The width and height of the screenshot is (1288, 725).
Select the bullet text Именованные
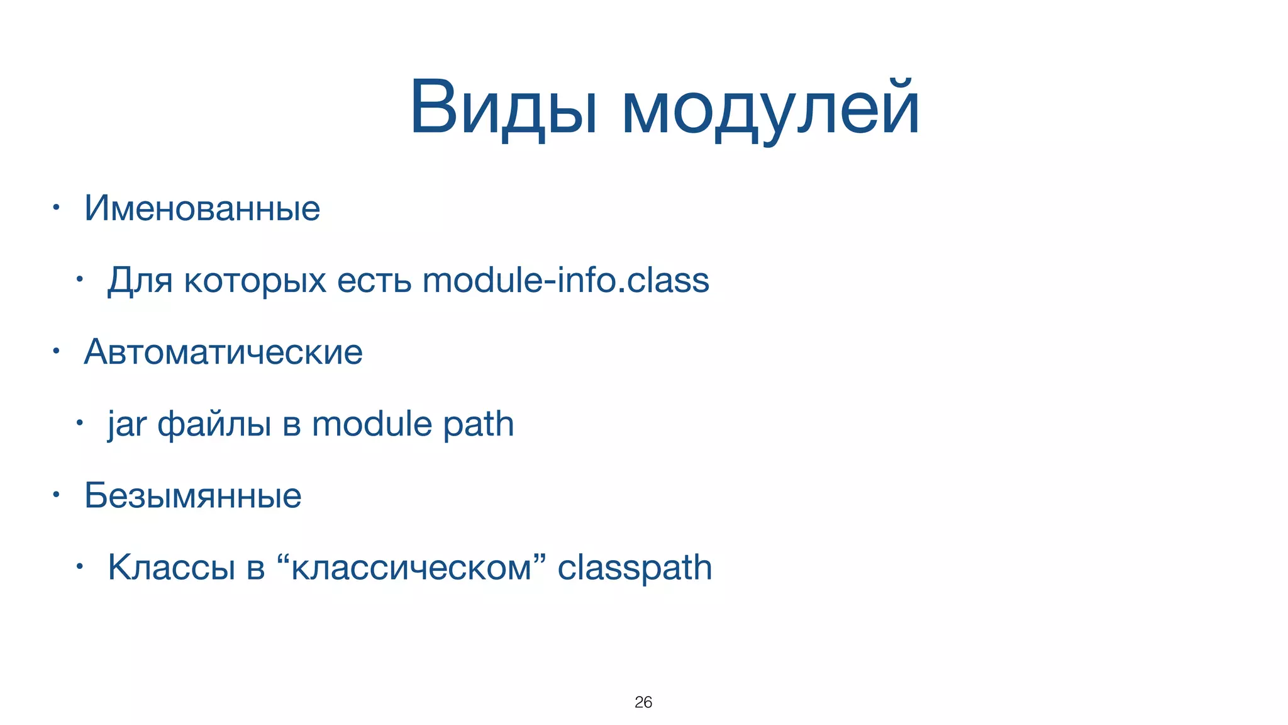[x=202, y=208]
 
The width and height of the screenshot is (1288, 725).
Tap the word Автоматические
[x=223, y=352]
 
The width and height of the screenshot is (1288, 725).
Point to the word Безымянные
[x=192, y=496]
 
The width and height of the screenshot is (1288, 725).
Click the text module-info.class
[x=565, y=280]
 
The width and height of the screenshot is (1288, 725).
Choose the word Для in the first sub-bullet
[x=140, y=281]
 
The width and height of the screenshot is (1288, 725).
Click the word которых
[x=255, y=281]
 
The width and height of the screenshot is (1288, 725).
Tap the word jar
[x=126, y=424]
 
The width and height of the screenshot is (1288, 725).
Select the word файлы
[x=214, y=424]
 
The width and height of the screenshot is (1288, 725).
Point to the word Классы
[x=171, y=568]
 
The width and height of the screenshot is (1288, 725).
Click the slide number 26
[x=643, y=702]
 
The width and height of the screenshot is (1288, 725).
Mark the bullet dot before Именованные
[x=56, y=207]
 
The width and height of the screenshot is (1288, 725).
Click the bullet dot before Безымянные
[x=56, y=495]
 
